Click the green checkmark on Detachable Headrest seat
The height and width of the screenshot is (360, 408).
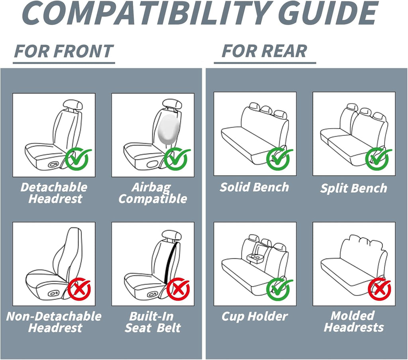coord(77,159)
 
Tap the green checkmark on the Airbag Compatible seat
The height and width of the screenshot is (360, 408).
coord(176,159)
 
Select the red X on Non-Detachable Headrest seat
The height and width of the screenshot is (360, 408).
coord(79,289)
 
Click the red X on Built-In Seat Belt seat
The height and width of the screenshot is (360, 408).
coord(178,289)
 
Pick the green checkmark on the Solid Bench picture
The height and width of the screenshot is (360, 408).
coord(279,159)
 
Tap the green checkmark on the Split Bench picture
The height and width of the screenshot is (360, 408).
coord(378,159)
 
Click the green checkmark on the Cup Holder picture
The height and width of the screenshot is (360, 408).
coord(279,289)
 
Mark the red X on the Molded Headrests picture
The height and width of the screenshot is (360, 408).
coord(379,289)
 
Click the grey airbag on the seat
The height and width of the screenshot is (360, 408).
coord(169,129)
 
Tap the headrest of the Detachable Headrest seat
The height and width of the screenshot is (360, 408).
coord(73,105)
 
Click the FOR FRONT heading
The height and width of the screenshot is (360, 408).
coord(64,51)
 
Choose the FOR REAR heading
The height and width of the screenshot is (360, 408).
coord(264,51)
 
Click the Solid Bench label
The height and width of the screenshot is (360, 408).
coord(254,187)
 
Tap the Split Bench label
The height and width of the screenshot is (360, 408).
coord(354,188)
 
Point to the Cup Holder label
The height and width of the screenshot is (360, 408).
coord(255,317)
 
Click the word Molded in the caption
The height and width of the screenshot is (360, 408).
coord(352,316)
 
